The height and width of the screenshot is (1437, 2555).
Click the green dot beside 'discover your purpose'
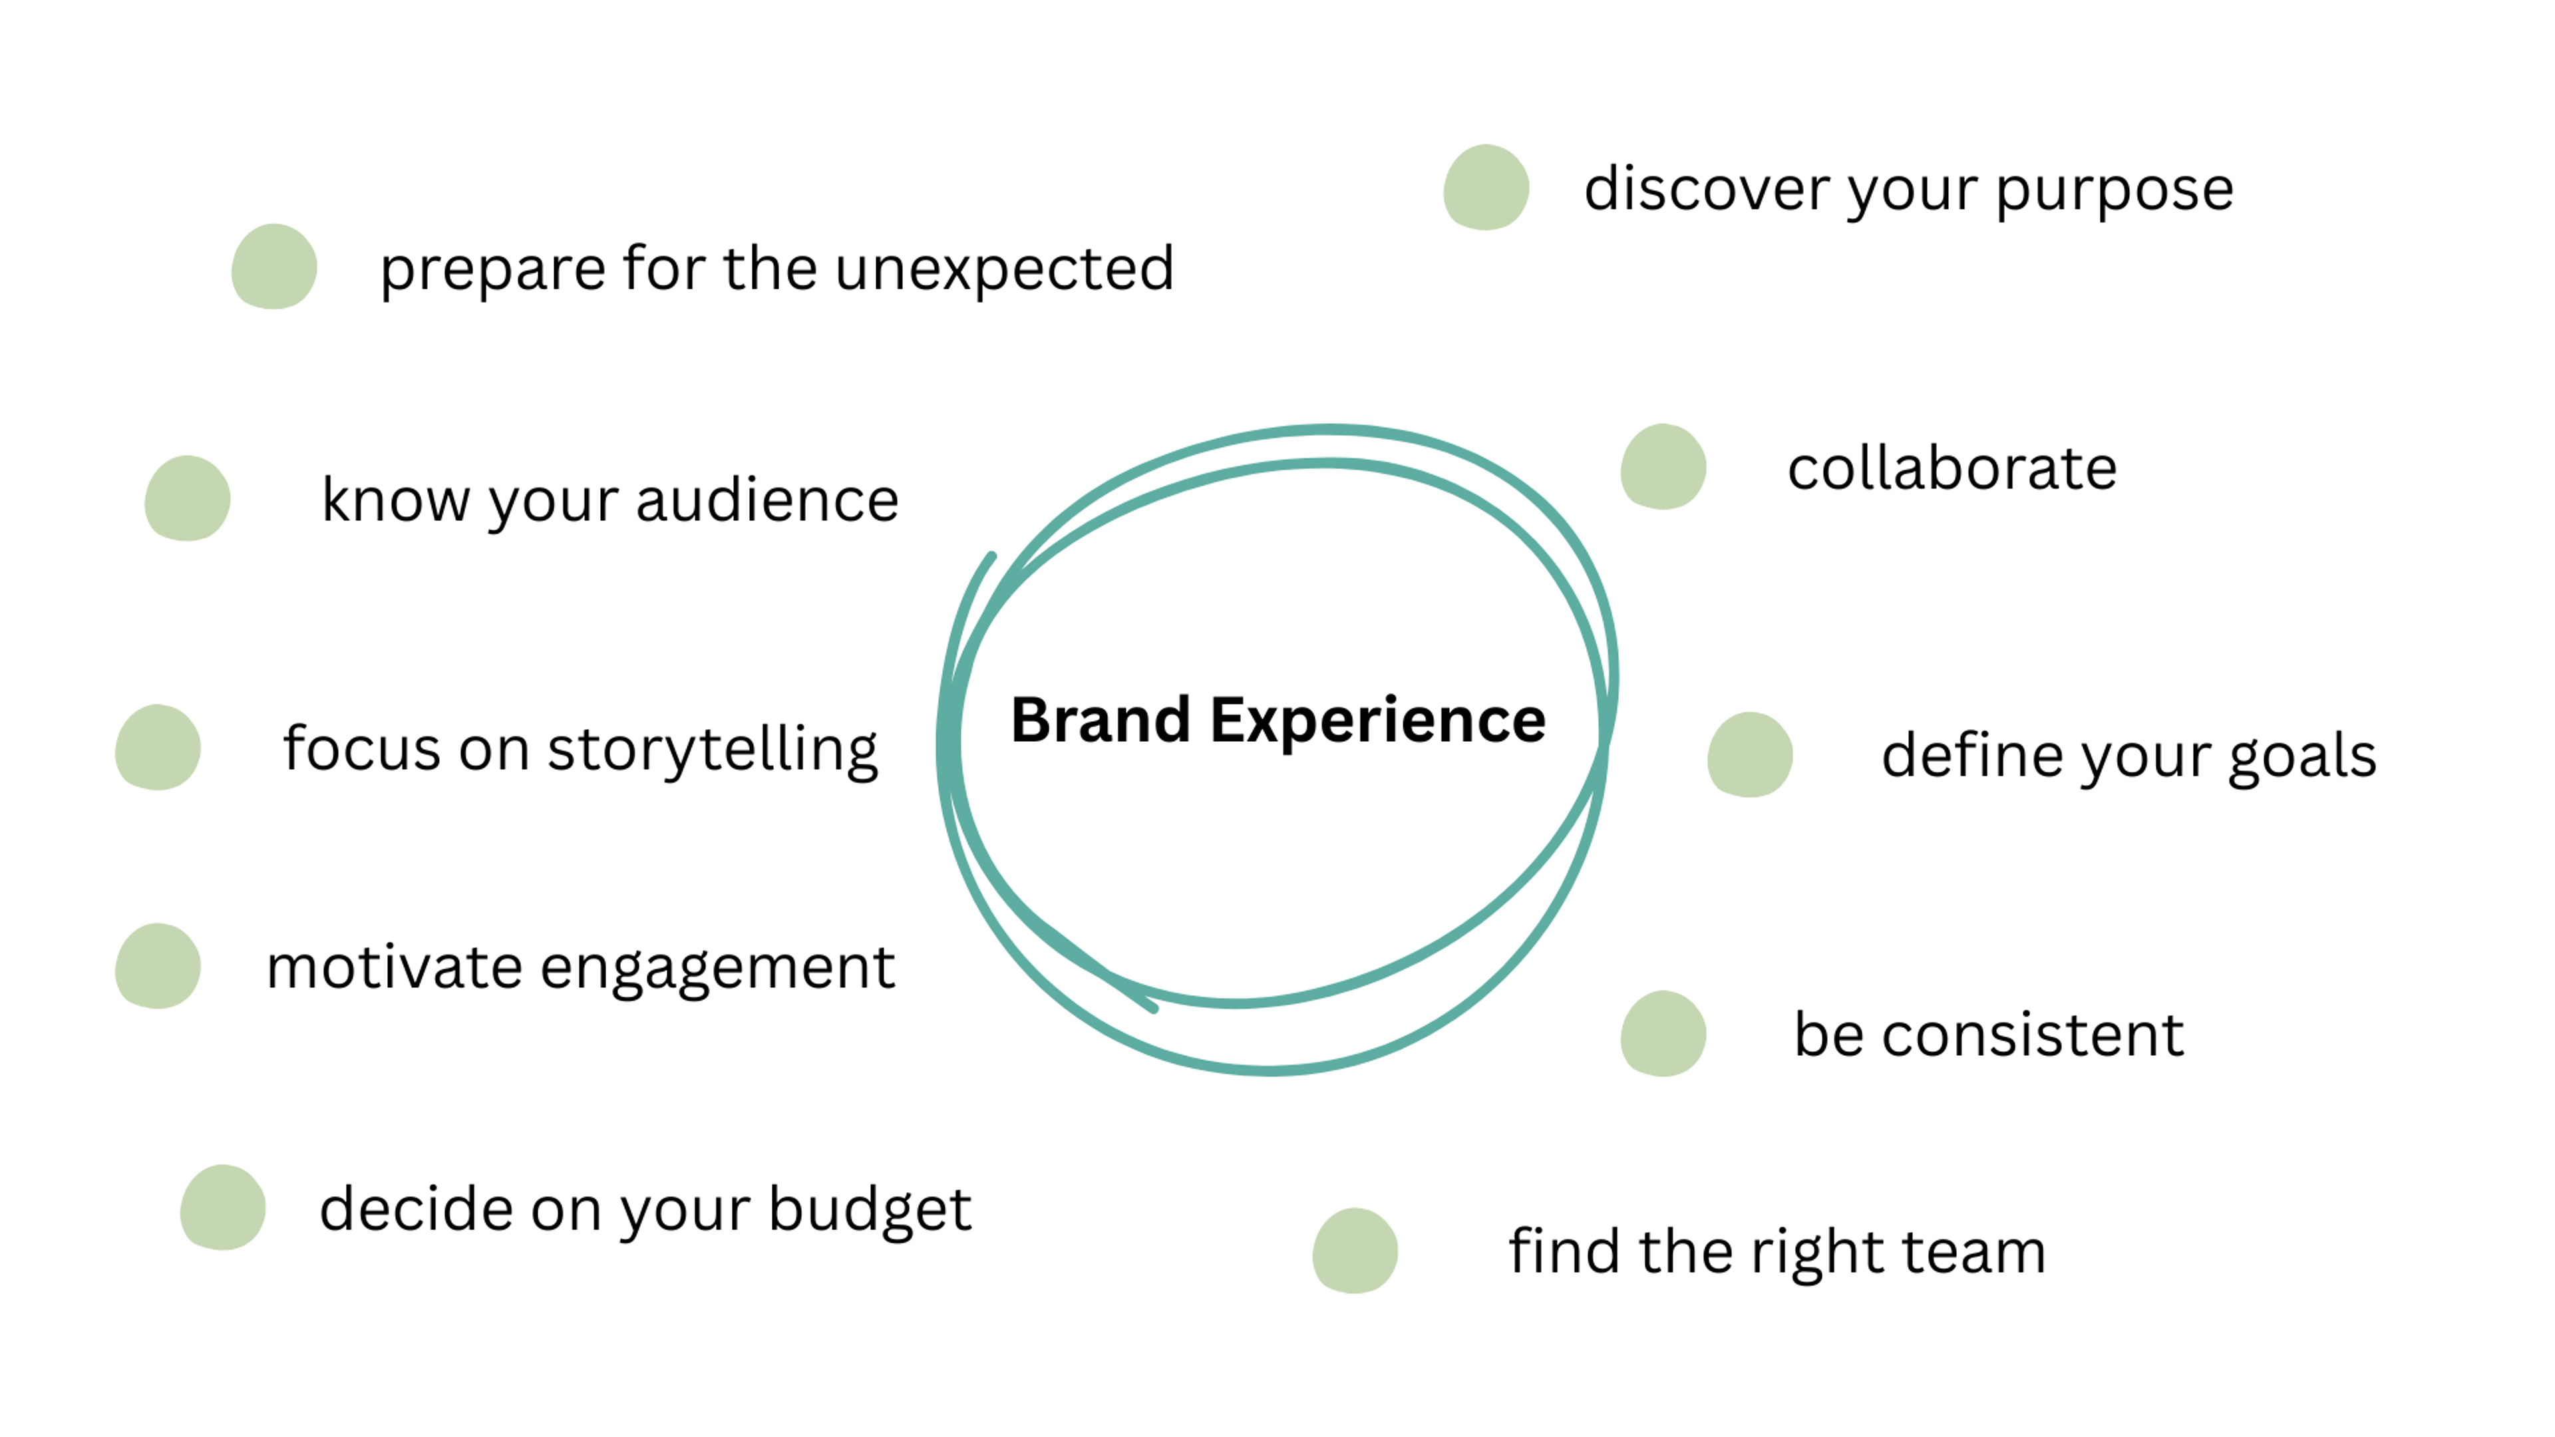pyautogui.click(x=1486, y=188)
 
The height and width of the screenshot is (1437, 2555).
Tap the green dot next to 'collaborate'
pyautogui.click(x=1663, y=467)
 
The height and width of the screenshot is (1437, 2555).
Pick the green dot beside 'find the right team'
pyautogui.click(x=1355, y=1251)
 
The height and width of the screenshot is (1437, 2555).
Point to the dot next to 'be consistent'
pyautogui.click(x=1663, y=1033)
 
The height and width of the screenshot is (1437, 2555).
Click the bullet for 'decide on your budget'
pyautogui.click(x=223, y=1207)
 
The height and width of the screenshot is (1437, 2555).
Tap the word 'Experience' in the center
pyautogui.click(x=1378, y=722)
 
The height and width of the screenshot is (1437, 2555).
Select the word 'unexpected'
pyautogui.click(x=1004, y=269)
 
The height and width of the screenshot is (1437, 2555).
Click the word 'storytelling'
pyautogui.click(x=712, y=750)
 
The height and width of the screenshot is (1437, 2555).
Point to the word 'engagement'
pyautogui.click(x=717, y=969)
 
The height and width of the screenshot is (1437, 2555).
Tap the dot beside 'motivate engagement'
pyautogui.click(x=158, y=966)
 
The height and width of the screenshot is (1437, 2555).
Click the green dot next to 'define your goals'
pyautogui.click(x=1750, y=754)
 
